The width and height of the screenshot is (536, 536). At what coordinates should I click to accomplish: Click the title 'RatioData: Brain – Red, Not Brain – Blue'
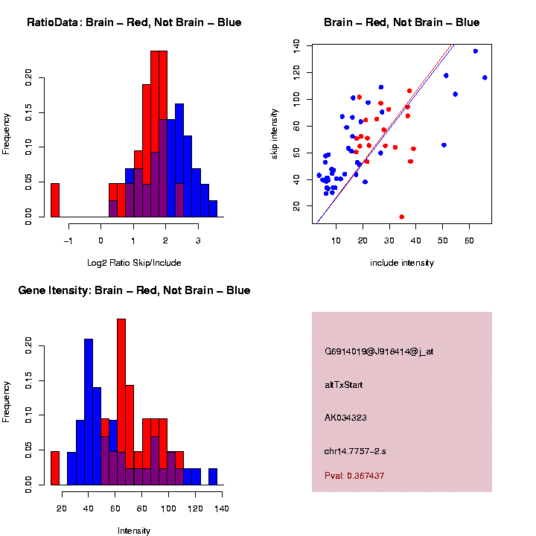tap(134, 22)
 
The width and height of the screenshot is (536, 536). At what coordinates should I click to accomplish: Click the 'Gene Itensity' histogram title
tap(134, 290)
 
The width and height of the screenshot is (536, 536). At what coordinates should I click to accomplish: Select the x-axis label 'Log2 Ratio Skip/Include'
tap(134, 262)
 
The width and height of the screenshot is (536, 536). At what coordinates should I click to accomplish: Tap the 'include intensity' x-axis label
tap(402, 262)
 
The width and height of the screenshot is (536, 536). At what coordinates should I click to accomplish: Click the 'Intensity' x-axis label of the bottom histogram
tap(134, 531)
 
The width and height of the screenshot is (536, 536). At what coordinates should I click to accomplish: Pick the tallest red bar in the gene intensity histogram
tap(121, 402)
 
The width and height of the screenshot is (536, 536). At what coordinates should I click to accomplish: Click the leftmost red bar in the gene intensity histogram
tap(55, 468)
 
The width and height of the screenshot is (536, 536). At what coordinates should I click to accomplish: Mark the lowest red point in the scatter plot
tap(402, 217)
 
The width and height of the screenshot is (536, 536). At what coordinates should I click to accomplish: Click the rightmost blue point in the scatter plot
tap(485, 77)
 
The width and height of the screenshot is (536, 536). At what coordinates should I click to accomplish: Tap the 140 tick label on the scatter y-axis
tap(297, 45)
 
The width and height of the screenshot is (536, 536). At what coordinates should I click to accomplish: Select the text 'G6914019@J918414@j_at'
tap(379, 351)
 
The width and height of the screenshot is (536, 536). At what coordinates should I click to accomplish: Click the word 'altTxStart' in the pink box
tap(344, 385)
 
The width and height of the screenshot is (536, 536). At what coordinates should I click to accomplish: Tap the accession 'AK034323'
tap(345, 417)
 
